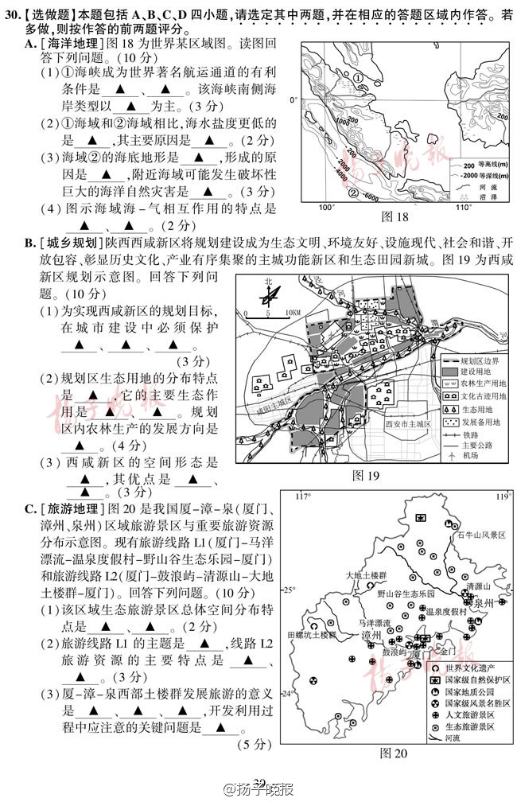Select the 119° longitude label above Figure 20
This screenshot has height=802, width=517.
click(x=500, y=497)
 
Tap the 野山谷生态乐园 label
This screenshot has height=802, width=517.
click(x=406, y=594)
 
